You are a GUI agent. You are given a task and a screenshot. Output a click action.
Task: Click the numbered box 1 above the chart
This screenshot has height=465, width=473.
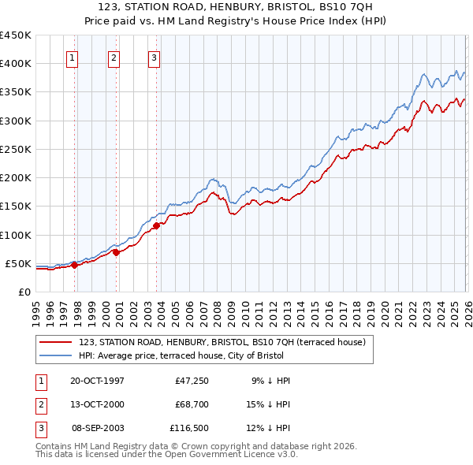pos(72,57)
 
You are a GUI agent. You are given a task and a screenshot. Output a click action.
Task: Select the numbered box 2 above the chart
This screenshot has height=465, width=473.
pos(114,57)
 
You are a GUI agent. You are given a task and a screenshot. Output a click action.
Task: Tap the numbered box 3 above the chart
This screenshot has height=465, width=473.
pos(154,57)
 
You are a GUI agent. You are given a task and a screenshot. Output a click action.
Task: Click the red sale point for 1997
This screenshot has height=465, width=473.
pos(74,265)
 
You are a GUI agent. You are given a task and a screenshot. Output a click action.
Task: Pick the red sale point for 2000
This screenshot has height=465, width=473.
pos(116,252)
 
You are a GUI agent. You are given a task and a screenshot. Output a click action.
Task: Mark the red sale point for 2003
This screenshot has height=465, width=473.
pos(156,225)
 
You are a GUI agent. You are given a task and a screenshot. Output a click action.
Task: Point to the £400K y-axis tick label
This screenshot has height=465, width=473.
pos(16,64)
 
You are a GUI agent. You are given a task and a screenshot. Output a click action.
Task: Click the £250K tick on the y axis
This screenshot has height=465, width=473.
pos(16,149)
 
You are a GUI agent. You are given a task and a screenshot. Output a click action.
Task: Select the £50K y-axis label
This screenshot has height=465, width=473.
pos(19,263)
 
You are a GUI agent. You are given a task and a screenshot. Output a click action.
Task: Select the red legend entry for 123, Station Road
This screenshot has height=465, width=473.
pos(222,343)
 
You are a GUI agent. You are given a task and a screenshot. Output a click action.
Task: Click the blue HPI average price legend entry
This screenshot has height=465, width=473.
pos(225,356)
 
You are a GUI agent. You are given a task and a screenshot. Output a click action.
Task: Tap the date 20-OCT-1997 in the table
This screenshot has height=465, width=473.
pos(97,381)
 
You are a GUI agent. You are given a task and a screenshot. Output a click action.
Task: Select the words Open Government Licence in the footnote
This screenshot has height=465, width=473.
pos(223,455)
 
